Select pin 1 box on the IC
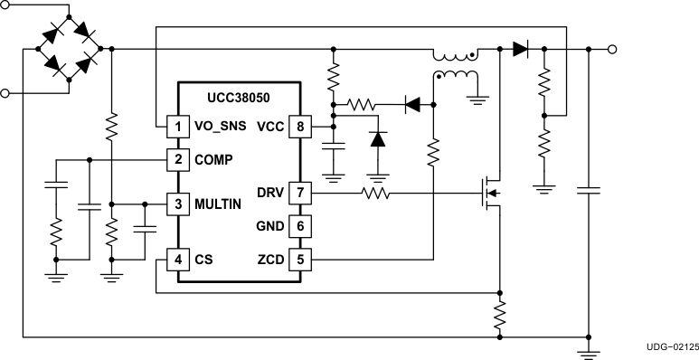[178, 127]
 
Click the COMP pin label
[213, 160]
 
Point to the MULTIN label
[218, 204]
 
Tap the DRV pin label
[269, 192]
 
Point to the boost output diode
[520, 49]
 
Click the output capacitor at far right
[589, 191]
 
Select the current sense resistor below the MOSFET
[499, 316]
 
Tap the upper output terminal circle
[612, 49]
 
